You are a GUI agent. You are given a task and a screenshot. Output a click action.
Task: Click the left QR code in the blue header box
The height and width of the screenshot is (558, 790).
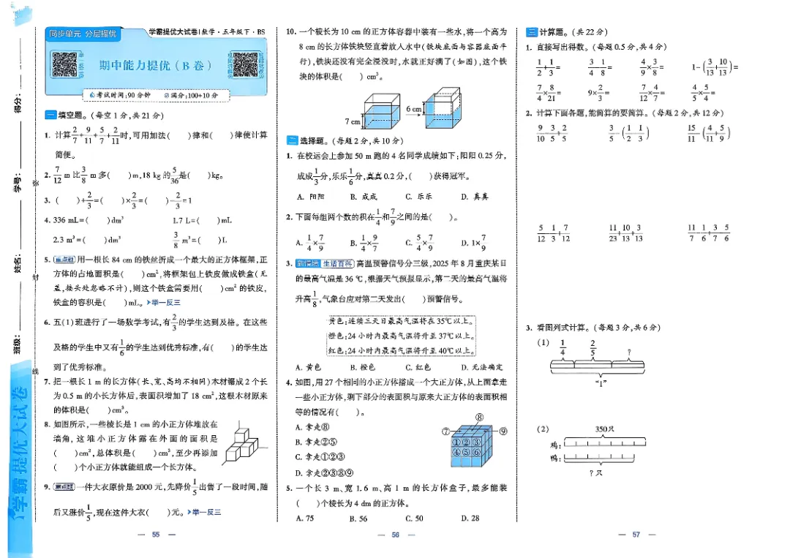tap(64, 65)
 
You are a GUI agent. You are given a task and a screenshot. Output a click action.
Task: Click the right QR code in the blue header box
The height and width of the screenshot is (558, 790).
tap(245, 65)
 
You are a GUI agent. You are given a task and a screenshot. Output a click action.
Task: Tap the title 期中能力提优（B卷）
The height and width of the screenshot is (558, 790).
tap(155, 66)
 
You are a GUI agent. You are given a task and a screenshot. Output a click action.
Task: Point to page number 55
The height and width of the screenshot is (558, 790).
tap(155, 535)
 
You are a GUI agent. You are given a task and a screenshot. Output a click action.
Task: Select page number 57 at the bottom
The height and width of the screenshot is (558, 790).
tap(636, 535)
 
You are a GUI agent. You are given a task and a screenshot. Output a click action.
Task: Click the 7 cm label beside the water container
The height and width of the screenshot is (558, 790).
tap(353, 121)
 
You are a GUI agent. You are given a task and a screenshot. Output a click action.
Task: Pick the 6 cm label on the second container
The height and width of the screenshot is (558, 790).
tap(414, 109)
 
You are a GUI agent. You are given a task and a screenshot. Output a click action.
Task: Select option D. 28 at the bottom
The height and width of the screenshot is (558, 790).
tap(470, 518)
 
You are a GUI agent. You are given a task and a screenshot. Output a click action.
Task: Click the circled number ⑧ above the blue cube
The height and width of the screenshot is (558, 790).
tap(480, 418)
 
